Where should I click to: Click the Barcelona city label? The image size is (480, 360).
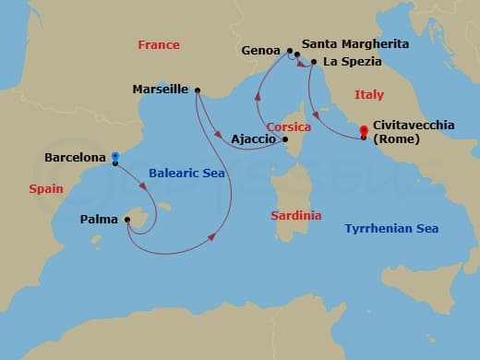pyautogui.click(x=75, y=158)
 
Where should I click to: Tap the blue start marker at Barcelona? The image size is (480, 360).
pyautogui.click(x=114, y=157)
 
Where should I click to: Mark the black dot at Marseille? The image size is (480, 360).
pyautogui.click(x=198, y=90)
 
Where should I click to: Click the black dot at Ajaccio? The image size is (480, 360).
pyautogui.click(x=284, y=140)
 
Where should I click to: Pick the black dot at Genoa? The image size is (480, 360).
pyautogui.click(x=289, y=52)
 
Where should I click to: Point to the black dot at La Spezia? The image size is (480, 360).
pyautogui.click(x=314, y=62)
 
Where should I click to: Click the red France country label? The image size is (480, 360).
pyautogui.click(x=158, y=44)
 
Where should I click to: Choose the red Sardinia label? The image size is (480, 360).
pyautogui.click(x=296, y=215)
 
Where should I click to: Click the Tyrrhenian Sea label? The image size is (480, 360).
pyautogui.click(x=390, y=228)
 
